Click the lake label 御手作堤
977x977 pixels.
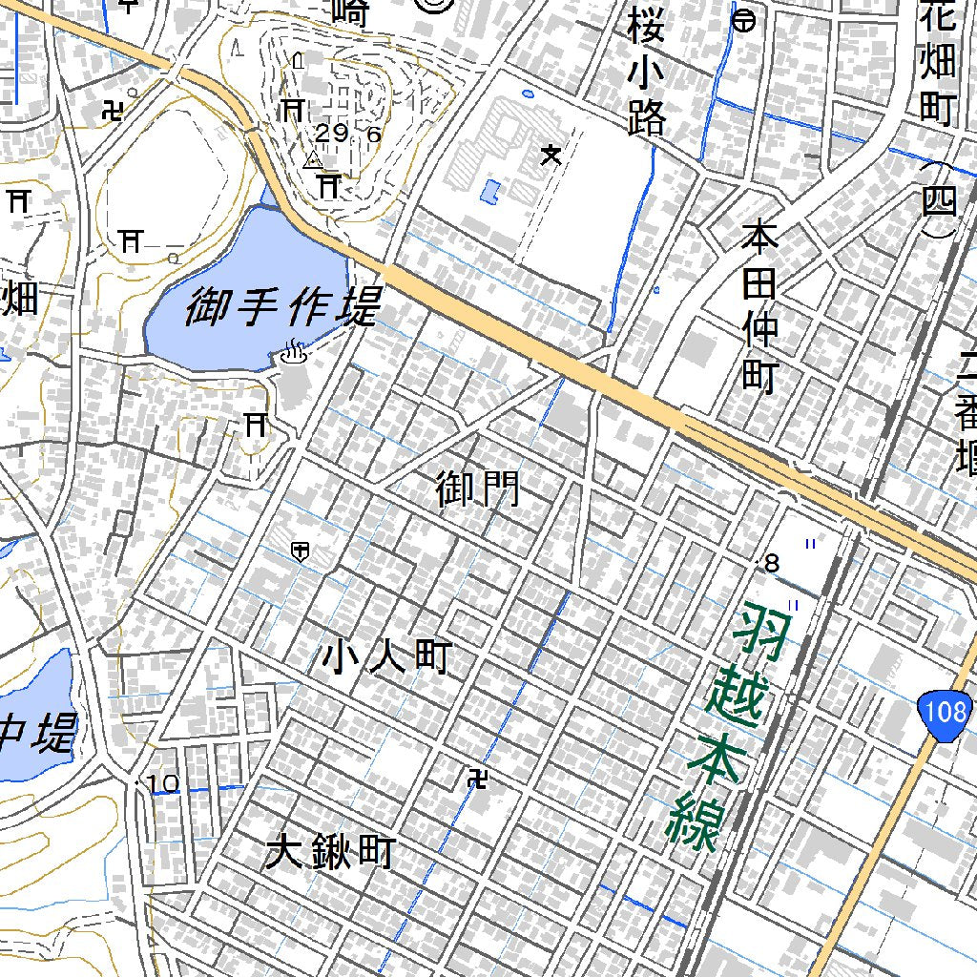click(282, 308)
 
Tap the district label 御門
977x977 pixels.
click(478, 489)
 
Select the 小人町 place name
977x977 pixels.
click(385, 657)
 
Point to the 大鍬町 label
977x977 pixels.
click(330, 851)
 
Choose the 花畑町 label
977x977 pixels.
click(938, 62)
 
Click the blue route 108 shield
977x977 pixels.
click(946, 711)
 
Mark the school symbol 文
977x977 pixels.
click(551, 153)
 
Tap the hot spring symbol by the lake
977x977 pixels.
click(293, 355)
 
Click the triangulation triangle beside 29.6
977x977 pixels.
click(311, 160)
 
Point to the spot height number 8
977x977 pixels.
click(773, 564)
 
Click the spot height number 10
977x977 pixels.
click(163, 784)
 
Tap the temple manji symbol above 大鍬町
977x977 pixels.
click(476, 781)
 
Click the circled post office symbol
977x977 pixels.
click(744, 19)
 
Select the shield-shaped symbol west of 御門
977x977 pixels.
click(300, 551)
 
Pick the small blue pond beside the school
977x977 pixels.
click(489, 192)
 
